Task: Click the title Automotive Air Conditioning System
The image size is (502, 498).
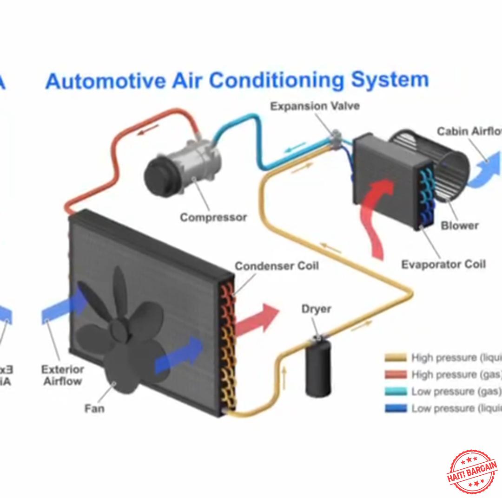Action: [x=237, y=80]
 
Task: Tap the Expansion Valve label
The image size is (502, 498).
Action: [x=315, y=106]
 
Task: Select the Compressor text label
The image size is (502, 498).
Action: [x=213, y=217]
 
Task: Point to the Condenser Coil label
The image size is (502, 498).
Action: [x=277, y=266]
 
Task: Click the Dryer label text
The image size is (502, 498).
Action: [x=317, y=309]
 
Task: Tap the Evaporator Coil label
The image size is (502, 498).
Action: [x=443, y=265]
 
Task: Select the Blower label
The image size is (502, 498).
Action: [x=459, y=226]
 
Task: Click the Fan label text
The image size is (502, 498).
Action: [x=94, y=408]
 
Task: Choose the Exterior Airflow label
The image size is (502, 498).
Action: [x=63, y=375]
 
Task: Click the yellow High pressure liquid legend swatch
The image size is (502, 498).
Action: [x=396, y=358]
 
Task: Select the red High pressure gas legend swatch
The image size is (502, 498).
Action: [x=396, y=375]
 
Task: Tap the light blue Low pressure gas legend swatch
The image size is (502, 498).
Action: [x=396, y=392]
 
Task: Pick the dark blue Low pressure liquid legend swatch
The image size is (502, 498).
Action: [x=396, y=408]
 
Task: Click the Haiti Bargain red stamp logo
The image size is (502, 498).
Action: [x=471, y=471]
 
